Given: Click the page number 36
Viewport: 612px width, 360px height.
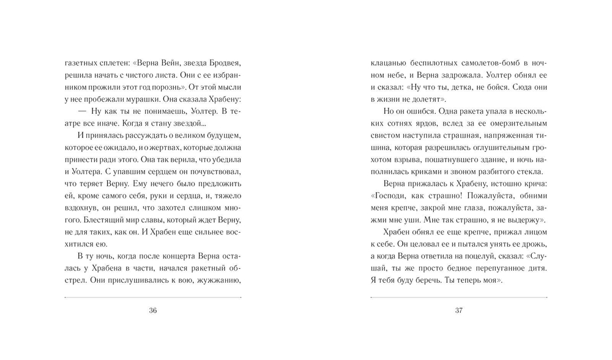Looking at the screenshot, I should point(153,310).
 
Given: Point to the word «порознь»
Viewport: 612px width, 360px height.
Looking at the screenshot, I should point(183,86).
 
